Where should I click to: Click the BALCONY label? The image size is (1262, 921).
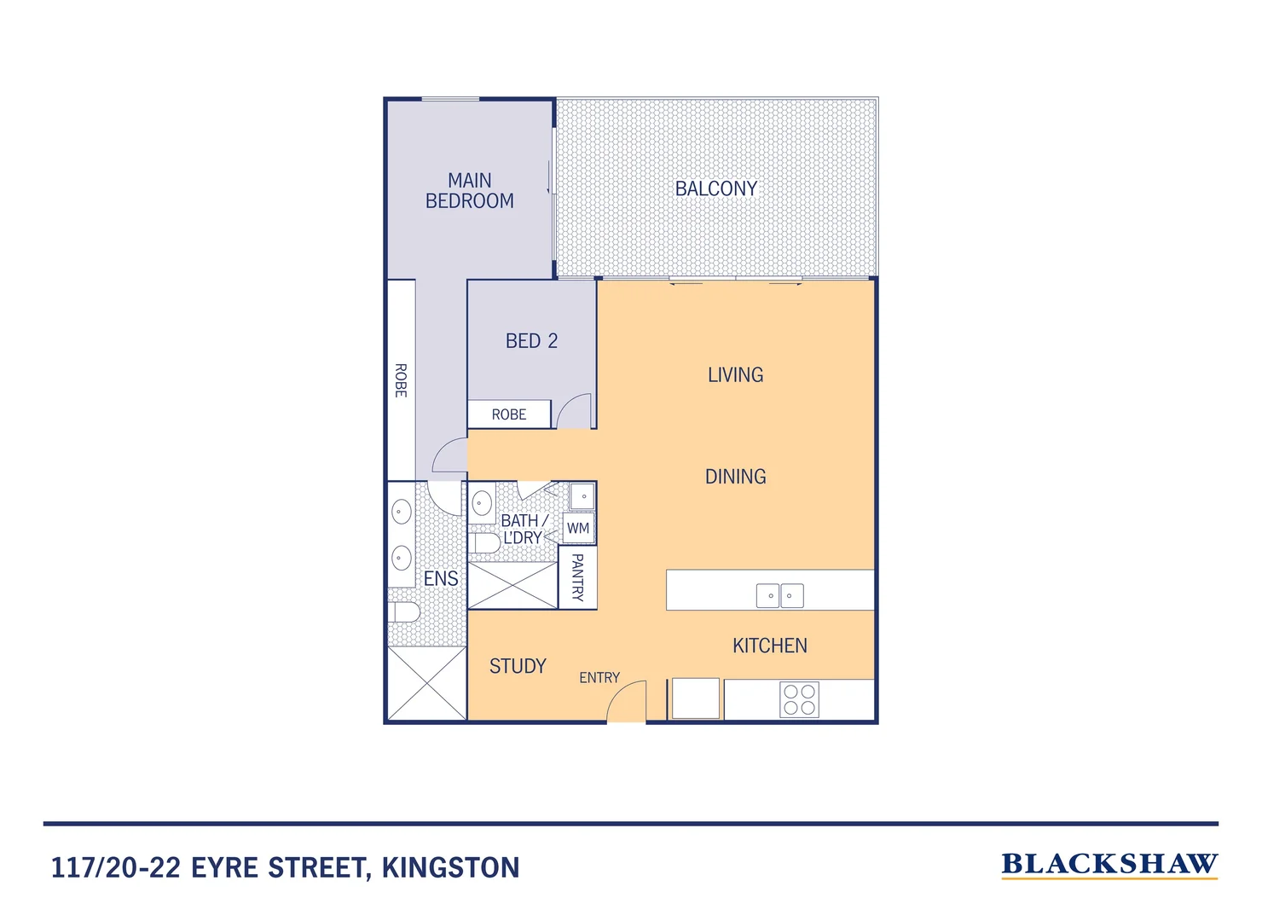pos(715,188)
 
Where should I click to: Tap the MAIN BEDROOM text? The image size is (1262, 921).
pos(470,191)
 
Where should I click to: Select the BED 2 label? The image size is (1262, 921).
pos(531,341)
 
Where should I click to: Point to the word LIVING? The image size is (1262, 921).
pos(735,374)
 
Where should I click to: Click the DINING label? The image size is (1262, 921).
pos(735,477)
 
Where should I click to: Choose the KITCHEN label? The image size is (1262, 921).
pos(769,646)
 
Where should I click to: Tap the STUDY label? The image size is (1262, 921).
pos(518,666)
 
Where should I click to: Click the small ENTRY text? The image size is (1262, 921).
pos(599,678)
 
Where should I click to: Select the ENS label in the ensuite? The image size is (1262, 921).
pos(441,579)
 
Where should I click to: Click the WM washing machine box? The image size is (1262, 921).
pos(578,529)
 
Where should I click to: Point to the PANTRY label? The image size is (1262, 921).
pos(577,577)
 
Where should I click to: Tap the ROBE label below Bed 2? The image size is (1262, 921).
pos(509,414)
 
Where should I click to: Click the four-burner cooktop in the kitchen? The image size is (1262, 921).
pos(800,699)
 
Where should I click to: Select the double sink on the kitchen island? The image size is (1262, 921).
pos(780,595)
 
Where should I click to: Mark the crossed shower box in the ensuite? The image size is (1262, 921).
pos(426,683)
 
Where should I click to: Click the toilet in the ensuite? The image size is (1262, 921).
pos(404,611)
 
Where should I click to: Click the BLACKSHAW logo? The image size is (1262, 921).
pos(1109,865)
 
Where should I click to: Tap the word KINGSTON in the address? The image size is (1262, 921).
pos(450,868)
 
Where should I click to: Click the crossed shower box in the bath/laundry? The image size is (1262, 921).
pos(512,586)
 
